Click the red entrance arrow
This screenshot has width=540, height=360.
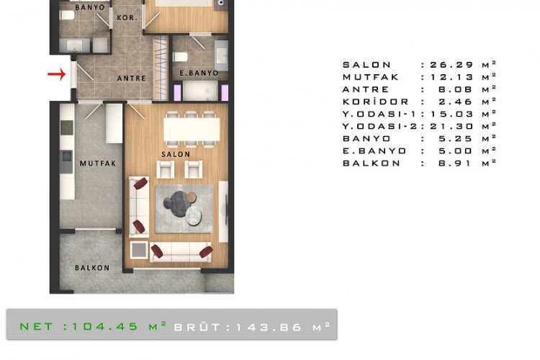click(57, 73)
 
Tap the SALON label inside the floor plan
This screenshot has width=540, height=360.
click(176, 154)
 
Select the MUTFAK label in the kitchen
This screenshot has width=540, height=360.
click(98, 163)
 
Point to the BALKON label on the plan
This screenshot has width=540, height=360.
click(92, 268)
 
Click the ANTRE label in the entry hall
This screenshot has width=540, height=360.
click(131, 78)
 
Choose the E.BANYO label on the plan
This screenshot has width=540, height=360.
click(199, 73)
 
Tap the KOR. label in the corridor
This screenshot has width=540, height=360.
click(127, 17)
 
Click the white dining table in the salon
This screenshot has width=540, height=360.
click(192, 129)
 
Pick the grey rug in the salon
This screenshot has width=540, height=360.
click(184, 209)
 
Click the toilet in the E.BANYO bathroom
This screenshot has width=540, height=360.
click(180, 56)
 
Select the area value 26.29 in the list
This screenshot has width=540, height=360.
click(451, 65)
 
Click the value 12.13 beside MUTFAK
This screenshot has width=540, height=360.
click(451, 77)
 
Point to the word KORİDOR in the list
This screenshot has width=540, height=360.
click(375, 102)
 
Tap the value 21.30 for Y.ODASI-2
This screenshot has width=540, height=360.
click(451, 127)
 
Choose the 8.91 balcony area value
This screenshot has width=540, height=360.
click(455, 163)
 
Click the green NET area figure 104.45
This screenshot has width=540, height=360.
click(105, 327)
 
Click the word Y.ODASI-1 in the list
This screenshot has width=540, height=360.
click(379, 114)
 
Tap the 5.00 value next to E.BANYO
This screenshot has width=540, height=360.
click(455, 151)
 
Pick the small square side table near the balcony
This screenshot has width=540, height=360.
click(139, 250)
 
